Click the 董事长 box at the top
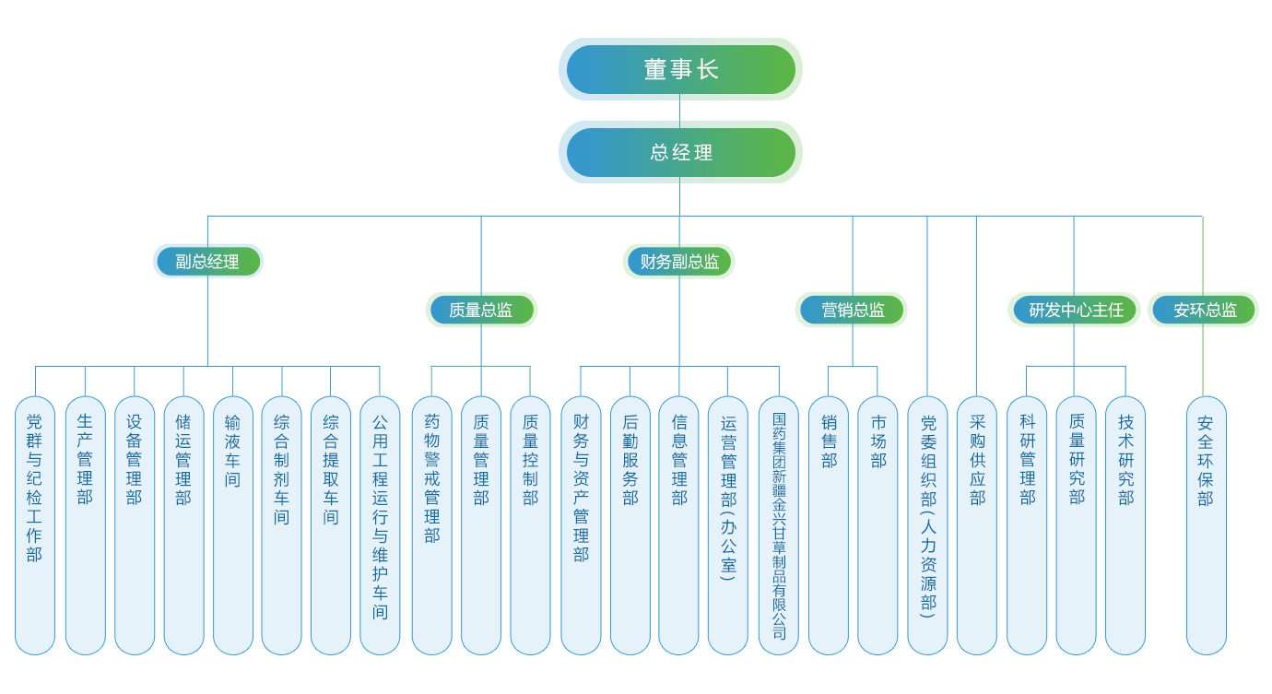coord(682,69)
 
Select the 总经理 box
coord(682,152)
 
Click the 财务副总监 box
coord(679,262)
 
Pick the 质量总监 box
coord(480,311)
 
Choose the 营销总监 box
coord(852,311)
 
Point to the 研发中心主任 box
coord(1074,311)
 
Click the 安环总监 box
coord(1204,311)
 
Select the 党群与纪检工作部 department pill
coord(35,525)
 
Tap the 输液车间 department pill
coord(232,525)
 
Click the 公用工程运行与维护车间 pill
coord(380,525)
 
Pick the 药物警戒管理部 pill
coord(432,525)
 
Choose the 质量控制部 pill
coord(530,525)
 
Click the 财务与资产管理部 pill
coord(581,525)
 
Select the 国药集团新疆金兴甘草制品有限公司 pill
coord(779,525)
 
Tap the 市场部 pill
coord(877,525)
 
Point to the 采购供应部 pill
coord(977,525)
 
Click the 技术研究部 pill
coord(1125,525)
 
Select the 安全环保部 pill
coord(1206,525)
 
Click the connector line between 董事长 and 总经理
coord(679,110)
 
